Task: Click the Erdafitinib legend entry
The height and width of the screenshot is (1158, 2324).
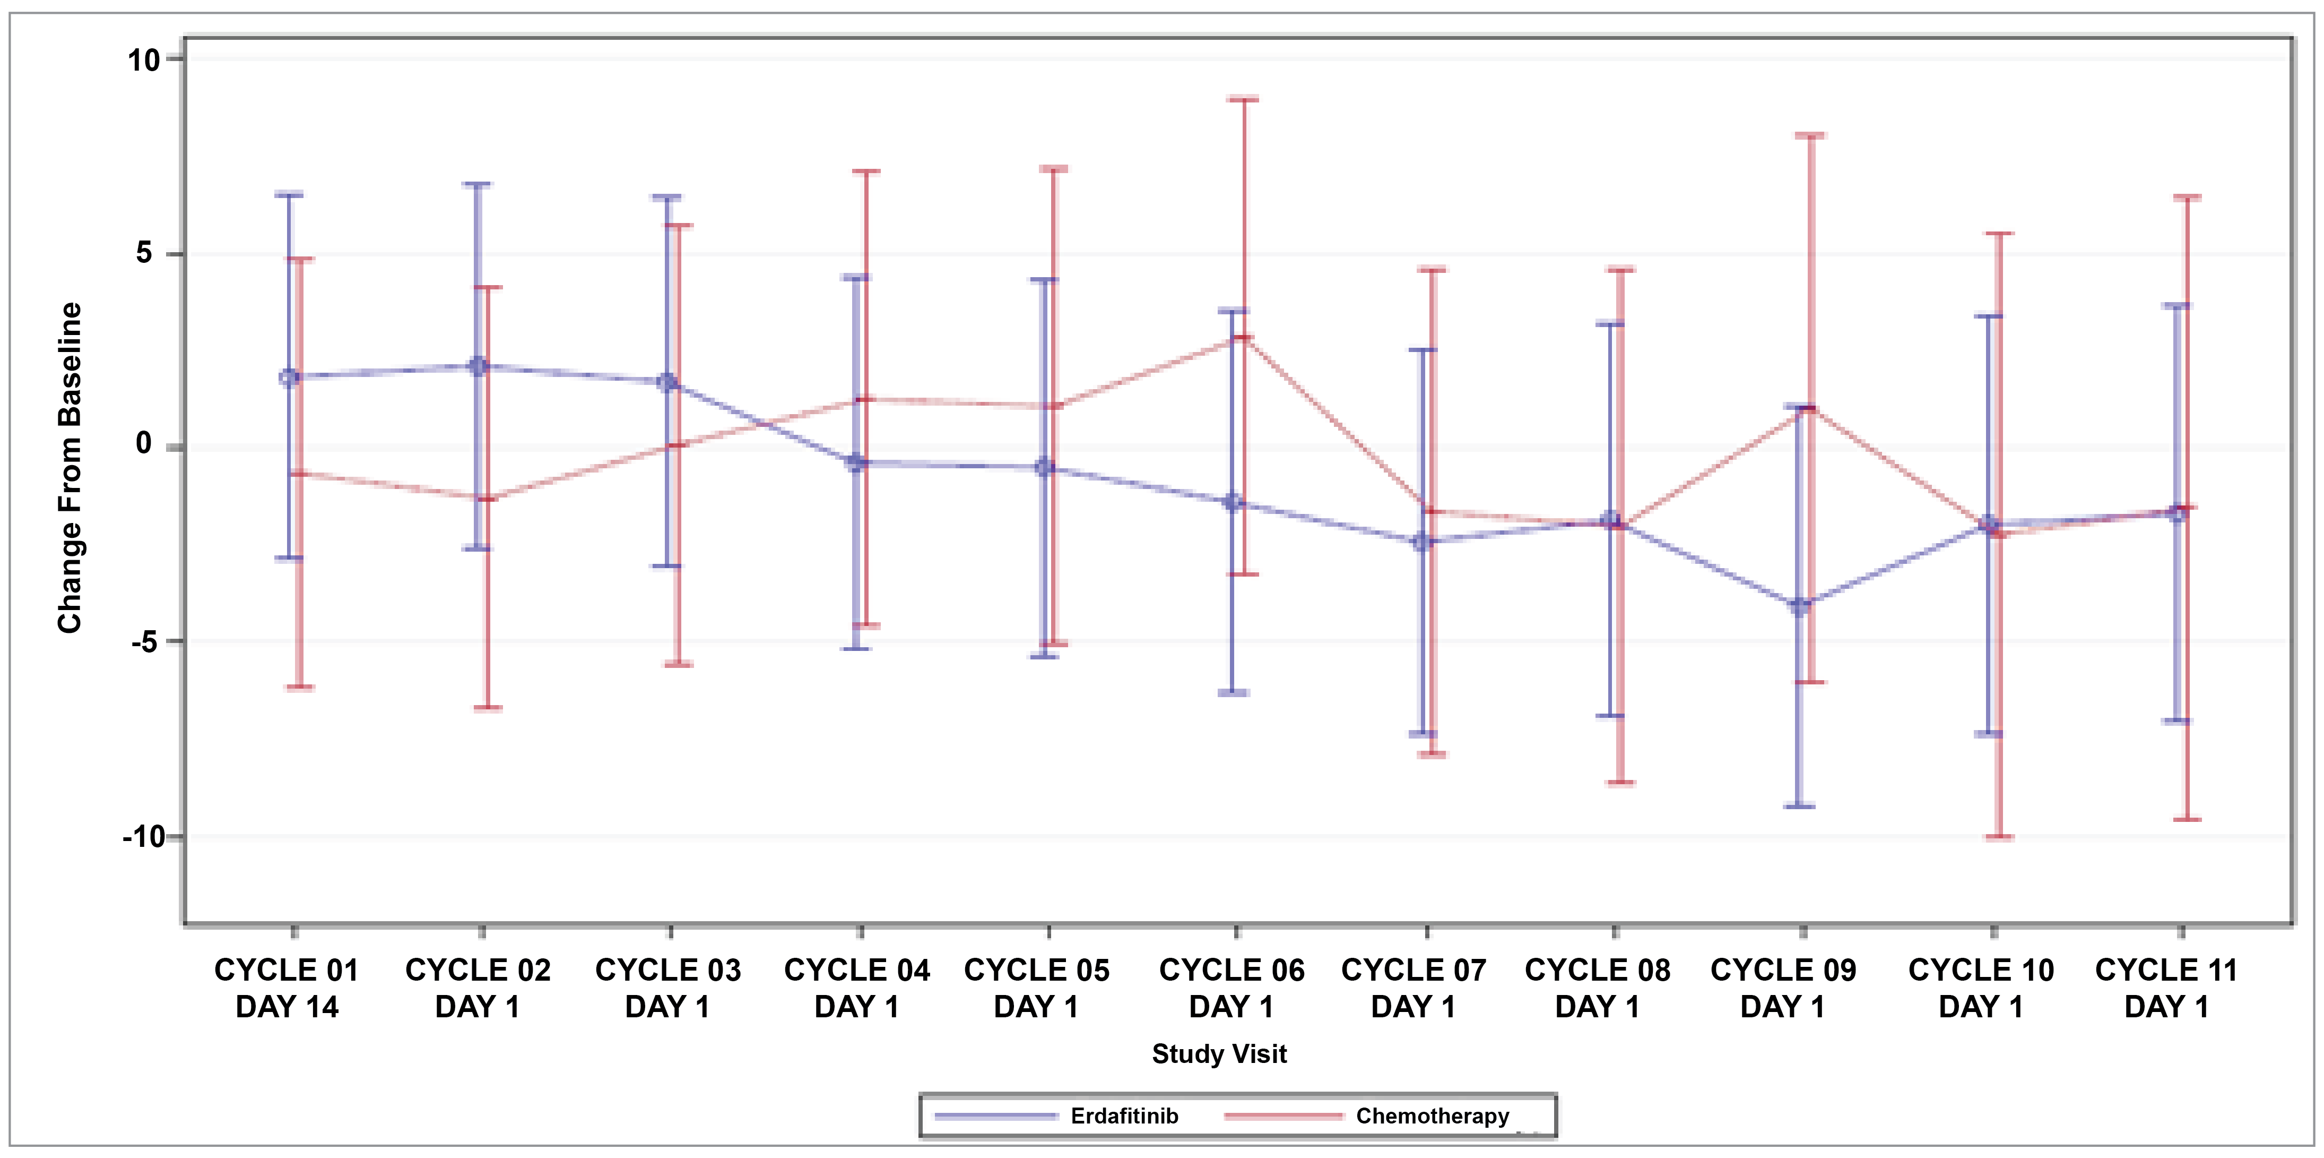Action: pyautogui.click(x=1123, y=1117)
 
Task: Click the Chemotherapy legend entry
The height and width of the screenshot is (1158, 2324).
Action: pyautogui.click(x=1431, y=1117)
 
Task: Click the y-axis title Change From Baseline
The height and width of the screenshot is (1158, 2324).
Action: pyautogui.click(x=70, y=468)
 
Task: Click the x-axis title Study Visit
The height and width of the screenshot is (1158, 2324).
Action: pyautogui.click(x=1219, y=1053)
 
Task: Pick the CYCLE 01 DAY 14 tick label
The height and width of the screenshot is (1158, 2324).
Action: pyautogui.click(x=287, y=988)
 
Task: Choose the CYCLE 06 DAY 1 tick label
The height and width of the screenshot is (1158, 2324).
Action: pyautogui.click(x=1232, y=988)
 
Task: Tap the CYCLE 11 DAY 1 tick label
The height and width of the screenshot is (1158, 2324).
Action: pyautogui.click(x=2166, y=988)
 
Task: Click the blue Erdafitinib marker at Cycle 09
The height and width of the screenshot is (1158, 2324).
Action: pyautogui.click(x=1800, y=606)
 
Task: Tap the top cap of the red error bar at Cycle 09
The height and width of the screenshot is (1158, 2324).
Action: pyautogui.click(x=1810, y=135)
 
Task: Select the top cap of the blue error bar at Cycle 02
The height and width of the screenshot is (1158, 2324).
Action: pyautogui.click(x=478, y=184)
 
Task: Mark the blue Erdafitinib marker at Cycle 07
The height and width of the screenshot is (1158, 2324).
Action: pyautogui.click(x=1423, y=542)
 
